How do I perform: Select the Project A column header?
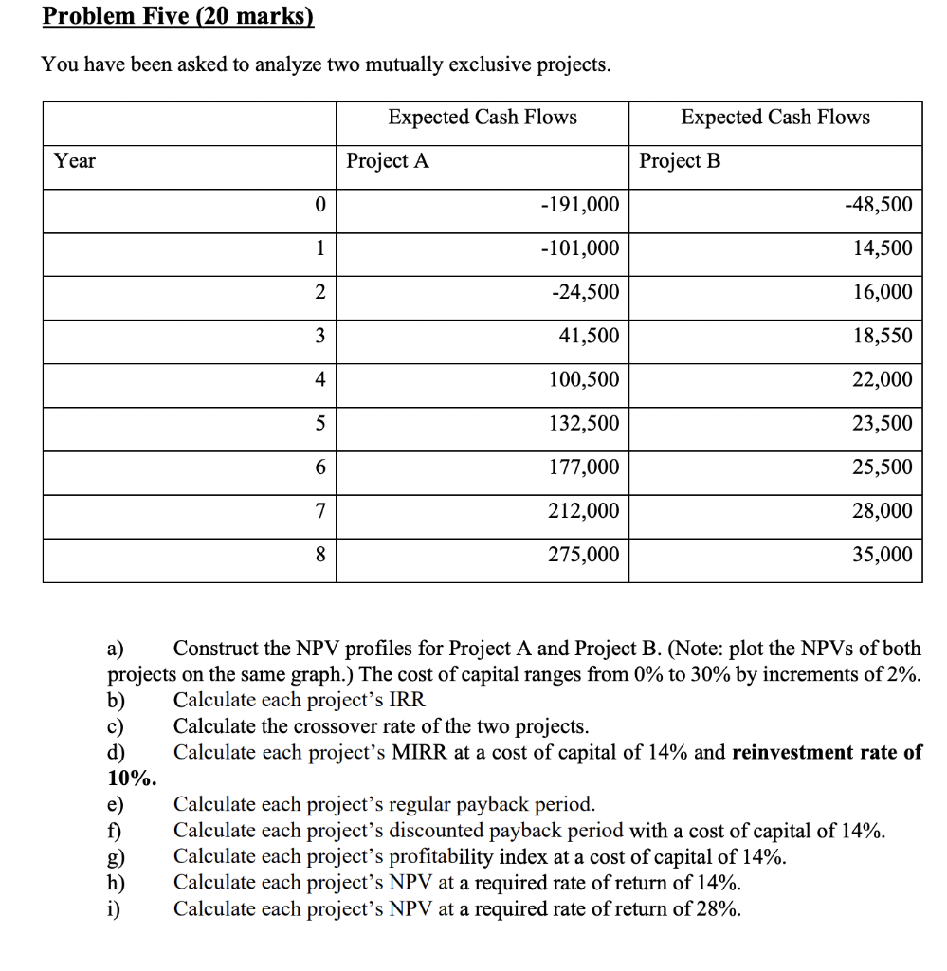coord(388,161)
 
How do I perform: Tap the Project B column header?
coord(680,161)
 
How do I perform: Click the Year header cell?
coord(75,161)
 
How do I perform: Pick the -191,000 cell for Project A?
coord(579,205)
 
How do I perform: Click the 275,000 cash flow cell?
coord(584,554)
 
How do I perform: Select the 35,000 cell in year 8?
coord(883,554)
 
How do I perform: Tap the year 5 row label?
coord(319,423)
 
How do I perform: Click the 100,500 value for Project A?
coord(584,379)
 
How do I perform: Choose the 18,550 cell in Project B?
coord(883,336)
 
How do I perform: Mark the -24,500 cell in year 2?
coord(585,292)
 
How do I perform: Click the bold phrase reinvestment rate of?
coord(827,753)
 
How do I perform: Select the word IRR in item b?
coord(408,701)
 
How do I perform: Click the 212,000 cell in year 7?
coord(584,510)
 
